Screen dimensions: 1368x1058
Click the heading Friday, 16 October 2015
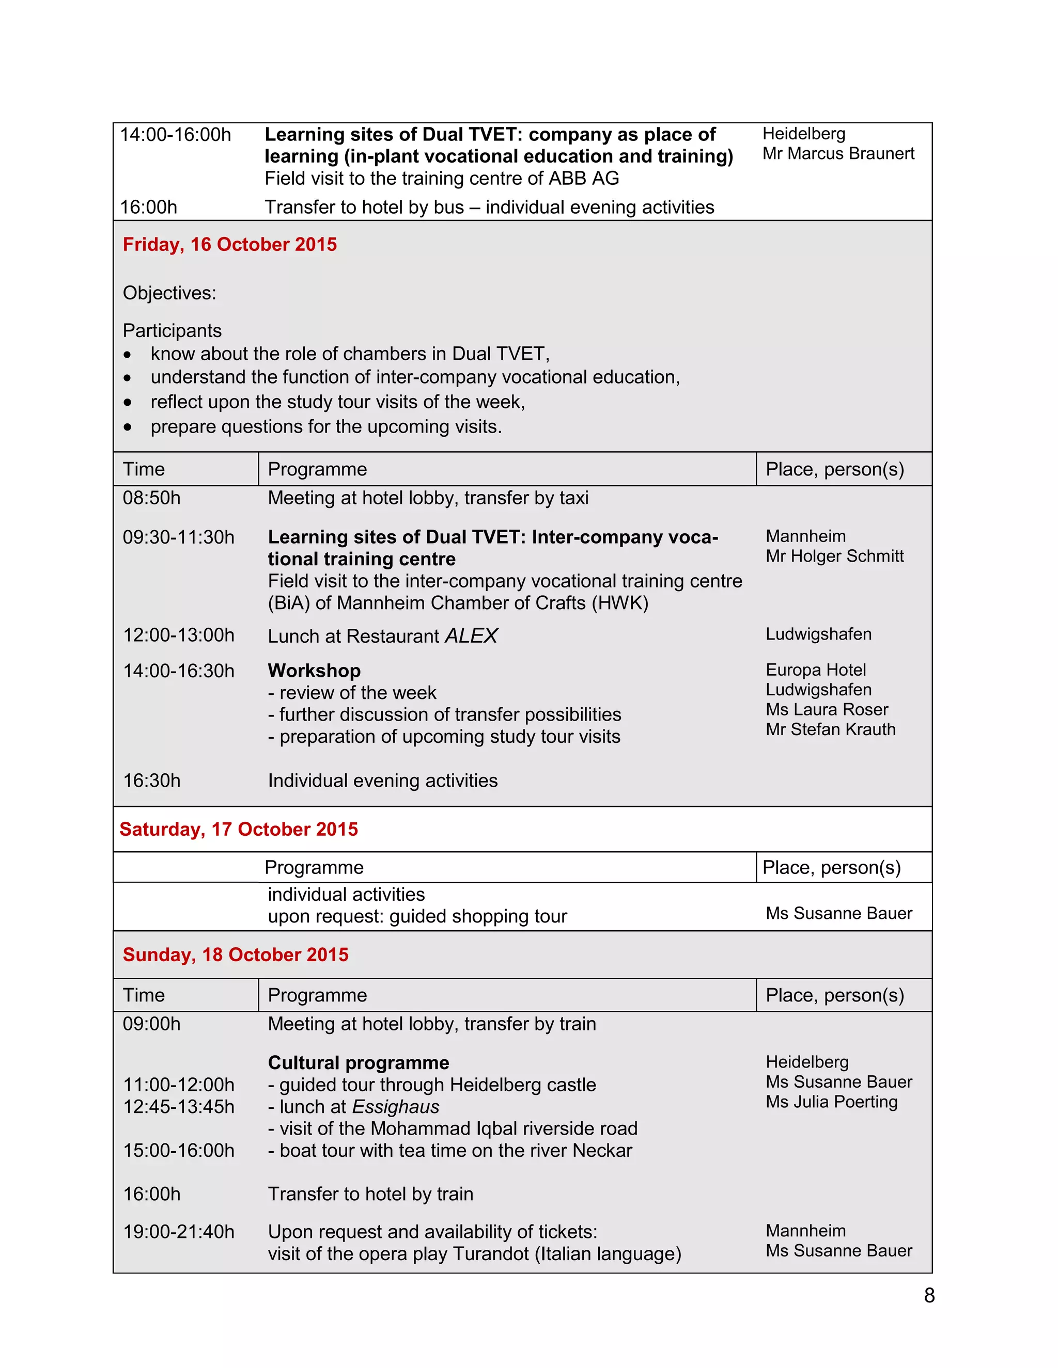click(x=229, y=244)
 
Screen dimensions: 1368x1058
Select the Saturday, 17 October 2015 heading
click(x=238, y=830)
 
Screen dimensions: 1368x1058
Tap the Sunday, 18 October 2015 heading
click(x=235, y=955)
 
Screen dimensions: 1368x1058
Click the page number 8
click(x=929, y=1295)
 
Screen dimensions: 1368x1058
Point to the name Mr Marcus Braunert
click(x=838, y=153)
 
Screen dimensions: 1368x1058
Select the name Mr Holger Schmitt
click(x=834, y=556)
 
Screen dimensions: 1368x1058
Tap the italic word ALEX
click(x=471, y=636)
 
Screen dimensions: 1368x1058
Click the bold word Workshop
click(x=314, y=671)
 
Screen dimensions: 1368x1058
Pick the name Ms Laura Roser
click(x=827, y=710)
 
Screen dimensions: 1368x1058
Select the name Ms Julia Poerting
click(x=831, y=1102)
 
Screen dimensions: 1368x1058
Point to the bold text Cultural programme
click(x=358, y=1063)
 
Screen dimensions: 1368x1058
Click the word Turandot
click(x=491, y=1254)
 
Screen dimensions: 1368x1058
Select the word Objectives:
click(x=169, y=293)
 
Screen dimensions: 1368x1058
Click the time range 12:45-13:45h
click(x=178, y=1107)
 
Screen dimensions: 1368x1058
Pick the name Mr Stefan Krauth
click(x=831, y=730)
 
